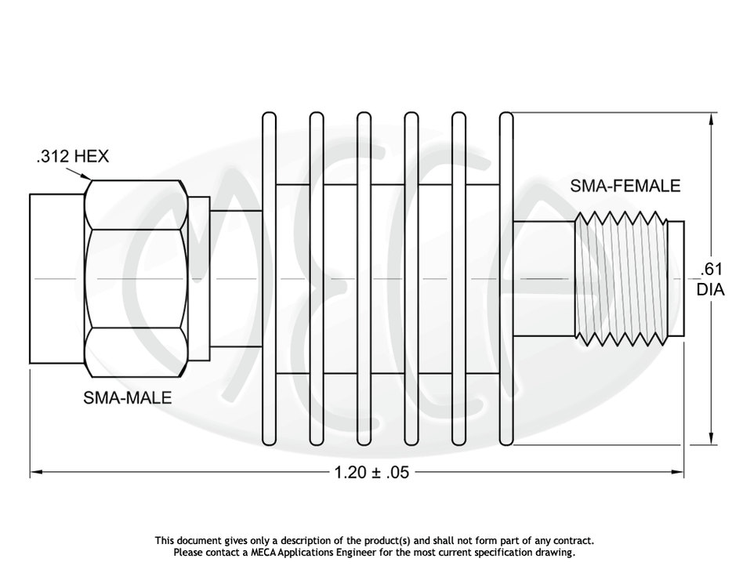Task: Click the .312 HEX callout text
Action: [x=72, y=157]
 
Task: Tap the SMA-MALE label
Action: [x=127, y=398]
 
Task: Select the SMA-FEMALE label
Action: [x=625, y=187]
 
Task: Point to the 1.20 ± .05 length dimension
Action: [x=371, y=473]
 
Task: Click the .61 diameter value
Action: [x=710, y=271]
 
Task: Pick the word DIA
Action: [x=710, y=290]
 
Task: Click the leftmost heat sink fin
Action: [x=269, y=278]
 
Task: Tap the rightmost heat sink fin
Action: [x=506, y=278]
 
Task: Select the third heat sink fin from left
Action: [x=364, y=278]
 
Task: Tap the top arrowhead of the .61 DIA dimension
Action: [x=712, y=119]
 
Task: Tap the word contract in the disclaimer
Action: [x=574, y=541]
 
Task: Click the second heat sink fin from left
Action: [x=317, y=278]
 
